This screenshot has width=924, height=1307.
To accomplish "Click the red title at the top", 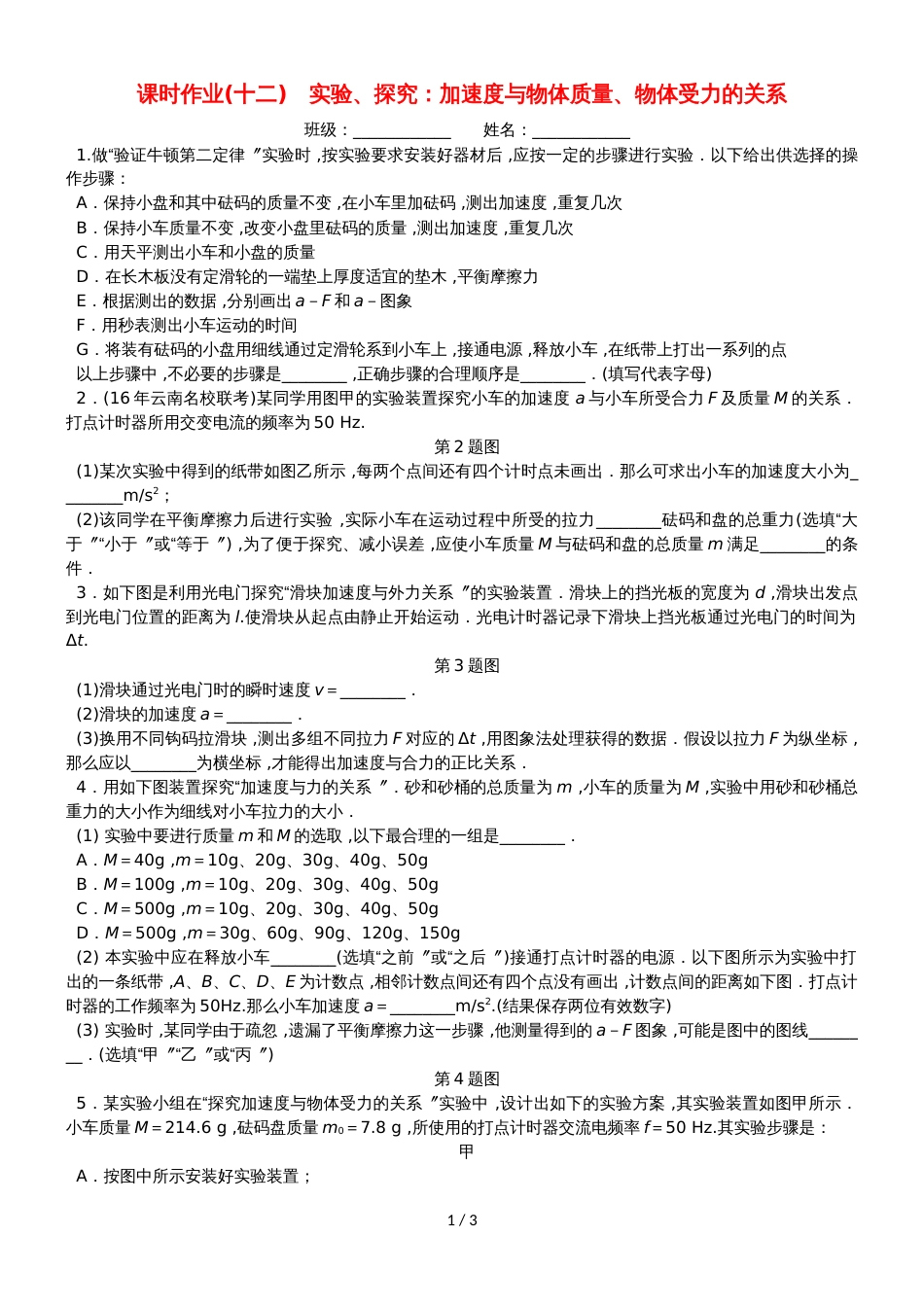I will pyautogui.click(x=461, y=94).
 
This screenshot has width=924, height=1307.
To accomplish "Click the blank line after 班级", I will pyautogui.click(x=402, y=131).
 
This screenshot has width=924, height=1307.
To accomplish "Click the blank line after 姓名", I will pyautogui.click(x=581, y=131).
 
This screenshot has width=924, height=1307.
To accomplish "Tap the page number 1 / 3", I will pyautogui.click(x=462, y=1220).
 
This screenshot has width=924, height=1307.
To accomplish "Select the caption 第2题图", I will pyautogui.click(x=467, y=446).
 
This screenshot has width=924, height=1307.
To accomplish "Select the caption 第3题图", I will pyautogui.click(x=467, y=665).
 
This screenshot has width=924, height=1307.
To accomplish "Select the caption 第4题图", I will pyautogui.click(x=467, y=1078).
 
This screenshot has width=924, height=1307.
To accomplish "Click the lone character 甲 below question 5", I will pyautogui.click(x=467, y=1151).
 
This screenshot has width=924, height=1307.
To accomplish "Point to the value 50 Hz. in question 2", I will pyautogui.click(x=338, y=422).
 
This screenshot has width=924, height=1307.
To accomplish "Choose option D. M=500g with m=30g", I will pyautogui.click(x=268, y=933).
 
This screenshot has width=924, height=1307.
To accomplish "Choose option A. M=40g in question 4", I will pyautogui.click(x=252, y=860).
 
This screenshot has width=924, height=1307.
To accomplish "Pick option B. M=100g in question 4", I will pyautogui.click(x=258, y=884).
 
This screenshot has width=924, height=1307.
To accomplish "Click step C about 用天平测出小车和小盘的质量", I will pyautogui.click(x=195, y=252).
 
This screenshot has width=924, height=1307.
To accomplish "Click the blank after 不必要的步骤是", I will pyautogui.click(x=314, y=373).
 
